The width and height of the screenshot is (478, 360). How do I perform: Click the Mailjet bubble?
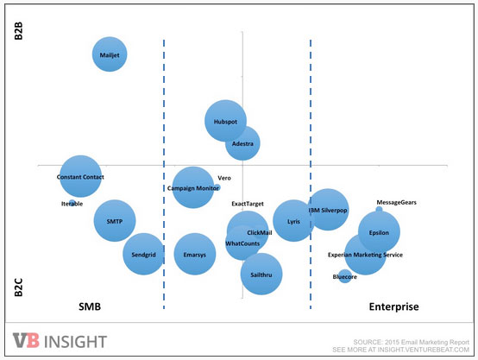(110, 54)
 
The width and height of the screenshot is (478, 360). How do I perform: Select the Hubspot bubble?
(225, 122)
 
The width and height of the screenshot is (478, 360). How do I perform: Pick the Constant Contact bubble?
(80, 177)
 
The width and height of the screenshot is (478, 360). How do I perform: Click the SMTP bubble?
(115, 221)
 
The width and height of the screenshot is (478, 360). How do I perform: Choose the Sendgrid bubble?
(143, 254)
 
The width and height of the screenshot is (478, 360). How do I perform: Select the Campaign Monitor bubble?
(192, 187)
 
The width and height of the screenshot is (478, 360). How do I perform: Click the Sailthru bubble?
(261, 274)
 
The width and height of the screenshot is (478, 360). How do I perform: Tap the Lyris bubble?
(293, 221)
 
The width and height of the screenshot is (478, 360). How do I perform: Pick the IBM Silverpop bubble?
(328, 209)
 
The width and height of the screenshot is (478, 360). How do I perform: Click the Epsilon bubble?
(379, 232)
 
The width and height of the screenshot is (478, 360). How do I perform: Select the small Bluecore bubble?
(345, 276)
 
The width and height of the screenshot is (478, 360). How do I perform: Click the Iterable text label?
(72, 204)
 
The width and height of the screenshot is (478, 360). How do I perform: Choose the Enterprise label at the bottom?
(393, 307)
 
